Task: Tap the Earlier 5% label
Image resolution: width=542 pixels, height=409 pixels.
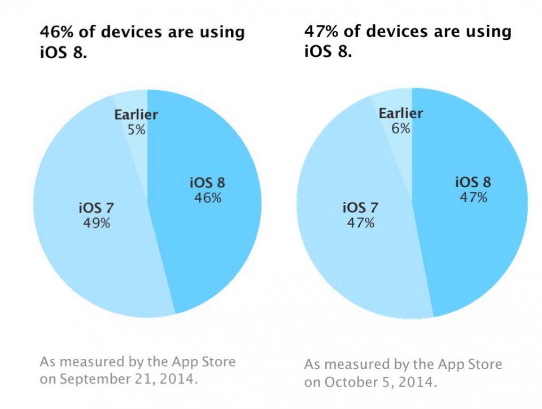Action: tap(136, 122)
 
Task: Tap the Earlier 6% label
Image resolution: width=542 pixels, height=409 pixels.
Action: tap(401, 120)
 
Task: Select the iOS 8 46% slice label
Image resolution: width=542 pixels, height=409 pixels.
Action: tap(206, 190)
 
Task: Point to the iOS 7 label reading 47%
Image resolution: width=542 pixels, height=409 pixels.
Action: tap(360, 215)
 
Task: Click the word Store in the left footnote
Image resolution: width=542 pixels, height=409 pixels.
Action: tap(217, 361)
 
